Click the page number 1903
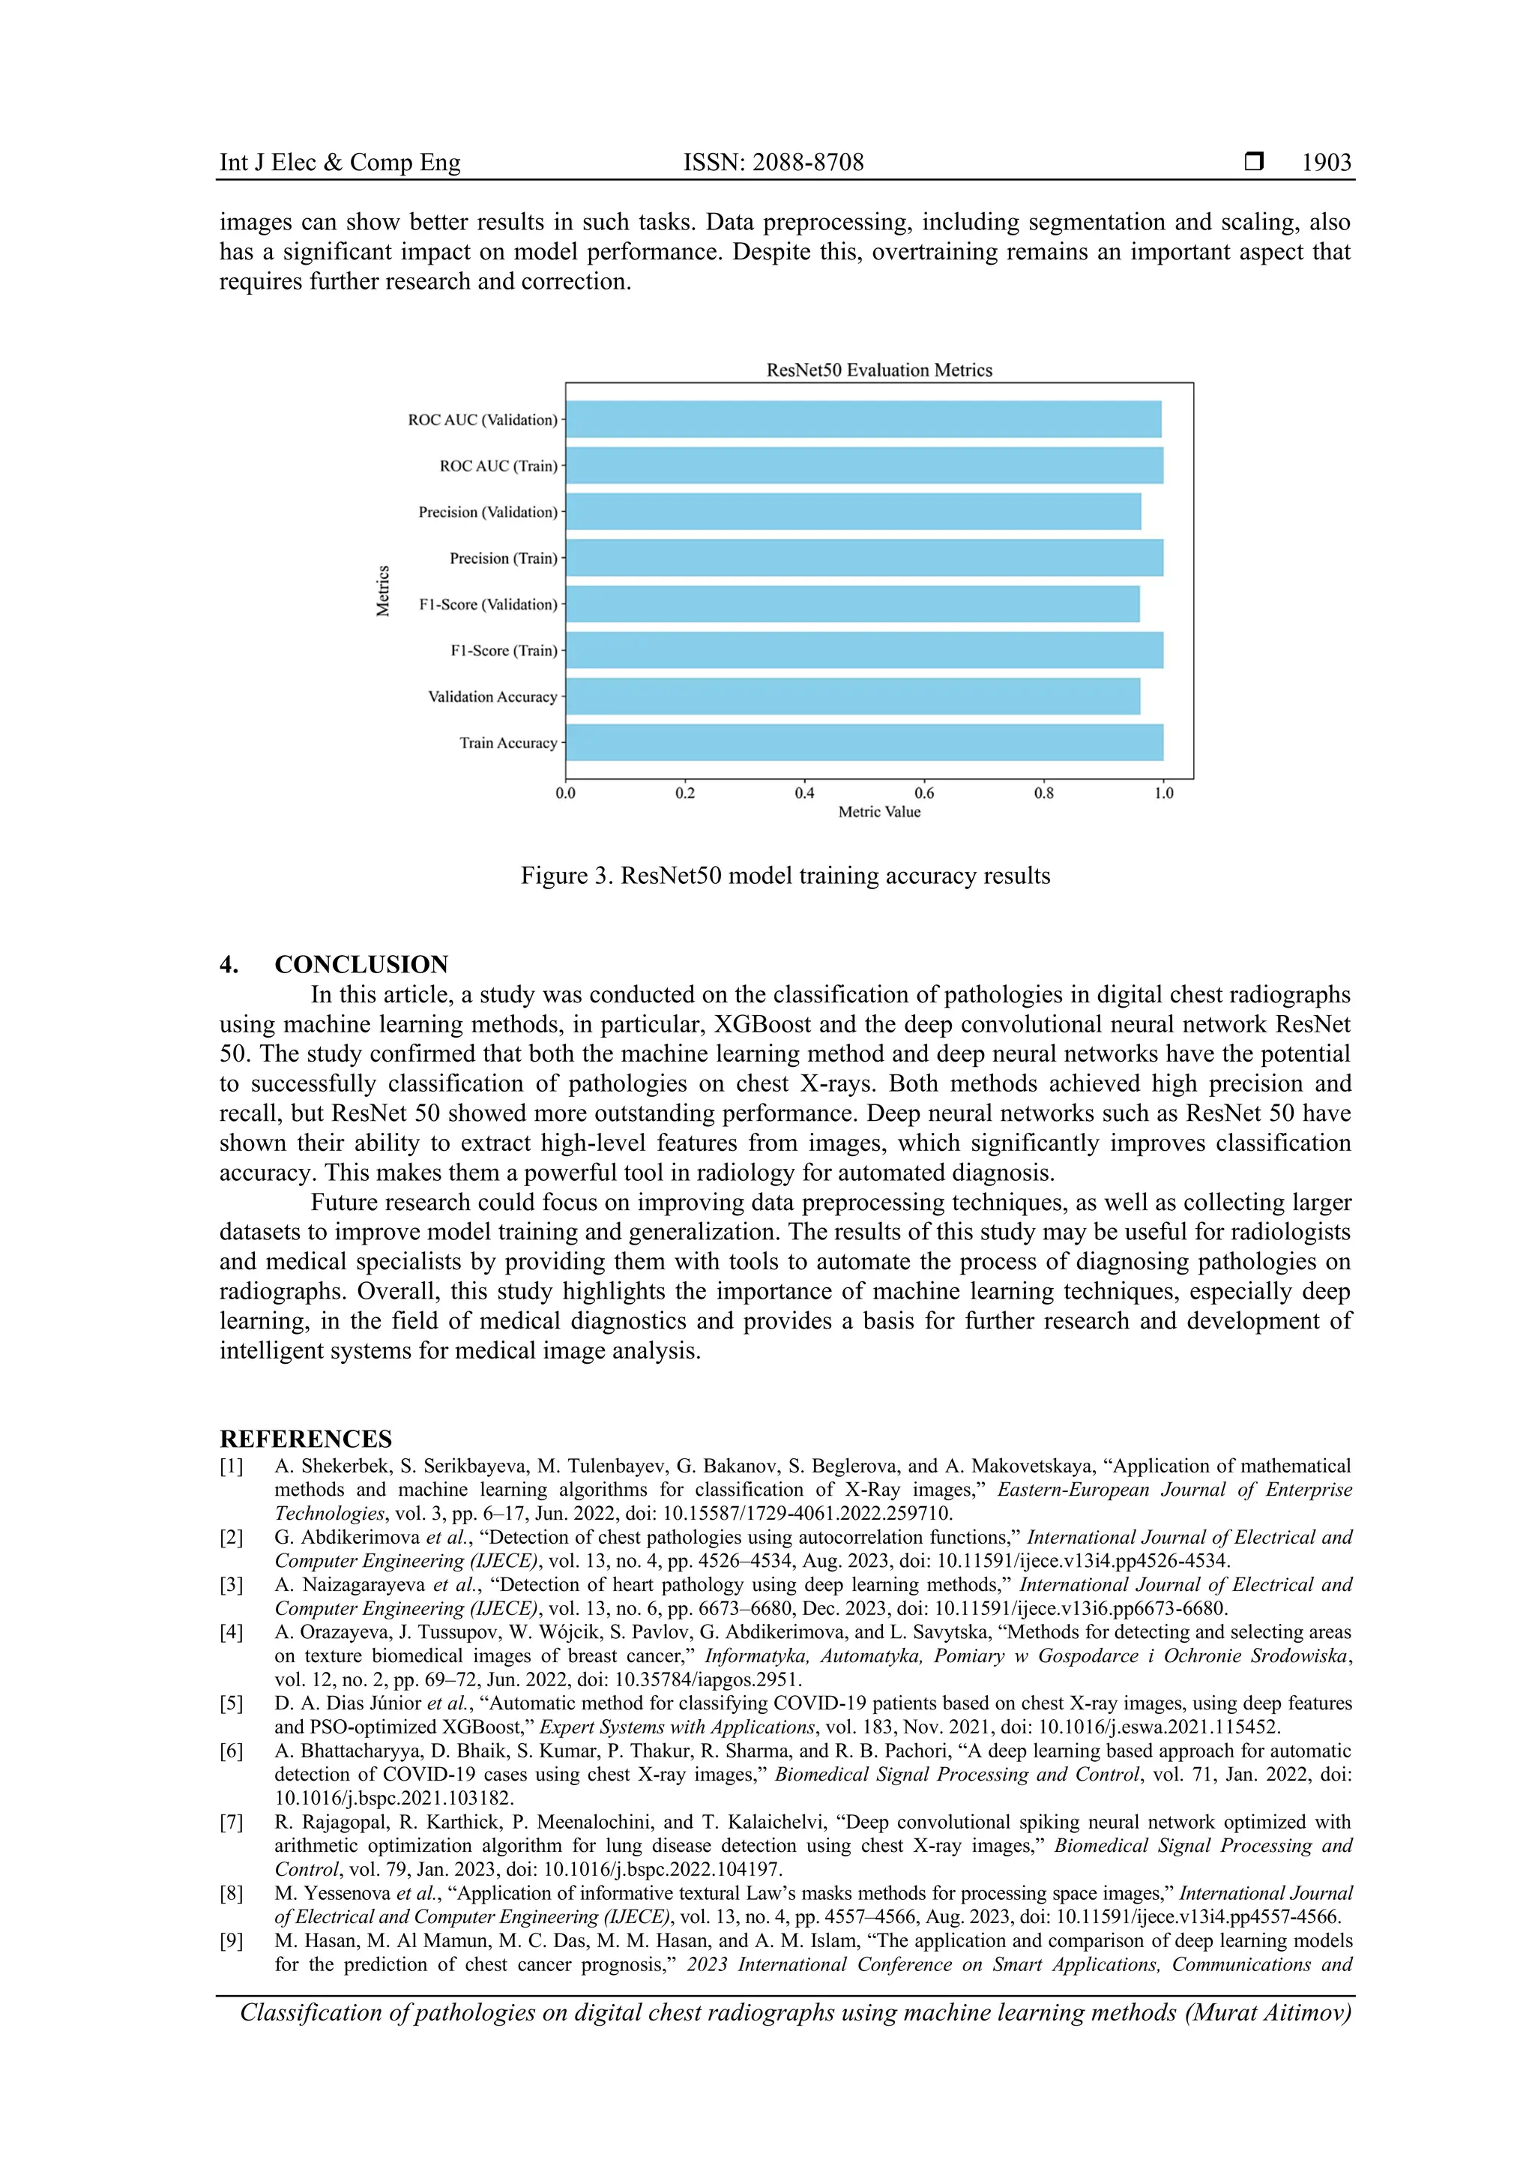(1326, 163)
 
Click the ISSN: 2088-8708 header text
(773, 163)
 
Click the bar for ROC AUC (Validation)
(863, 419)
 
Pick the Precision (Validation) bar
(852, 512)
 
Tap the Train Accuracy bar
(863, 742)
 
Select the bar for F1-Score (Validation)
(851, 604)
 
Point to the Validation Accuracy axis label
(492, 697)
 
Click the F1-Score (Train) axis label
(503, 651)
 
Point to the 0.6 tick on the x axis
(924, 792)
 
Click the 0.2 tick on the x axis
(685, 792)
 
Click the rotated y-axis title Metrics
(383, 590)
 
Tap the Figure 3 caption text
(785, 876)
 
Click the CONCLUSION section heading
(361, 965)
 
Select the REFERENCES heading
(306, 1439)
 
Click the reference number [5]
(232, 1703)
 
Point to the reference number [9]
(232, 1941)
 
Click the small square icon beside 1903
(1253, 162)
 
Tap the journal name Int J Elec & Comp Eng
(340, 163)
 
